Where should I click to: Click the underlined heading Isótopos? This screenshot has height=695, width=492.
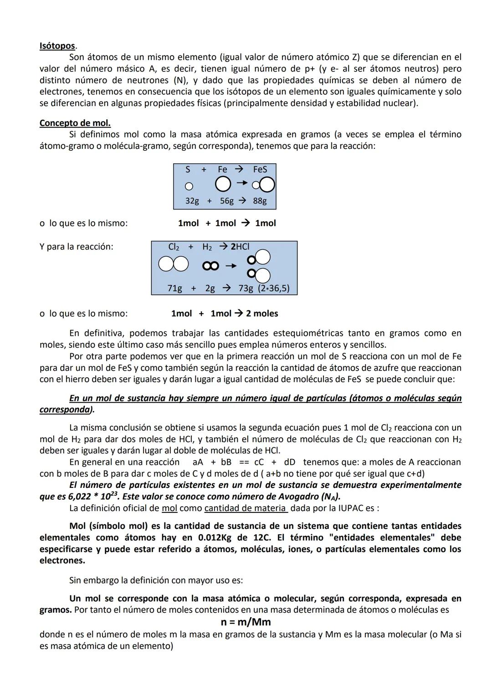57,46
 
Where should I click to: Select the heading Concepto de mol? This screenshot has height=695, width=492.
75,123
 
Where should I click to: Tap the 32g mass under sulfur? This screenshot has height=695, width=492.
192,201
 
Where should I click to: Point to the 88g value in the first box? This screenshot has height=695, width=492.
260,201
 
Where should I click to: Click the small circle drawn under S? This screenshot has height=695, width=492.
189,186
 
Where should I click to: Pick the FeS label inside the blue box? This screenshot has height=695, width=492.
260,169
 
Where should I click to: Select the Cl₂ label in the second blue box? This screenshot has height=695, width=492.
174,247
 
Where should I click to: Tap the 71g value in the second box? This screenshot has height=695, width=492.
174,288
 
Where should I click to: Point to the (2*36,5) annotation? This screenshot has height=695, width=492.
274,288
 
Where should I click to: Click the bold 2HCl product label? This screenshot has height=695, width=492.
240,247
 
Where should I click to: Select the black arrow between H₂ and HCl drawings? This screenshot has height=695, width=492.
231,265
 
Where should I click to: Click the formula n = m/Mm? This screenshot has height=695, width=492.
246,622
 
